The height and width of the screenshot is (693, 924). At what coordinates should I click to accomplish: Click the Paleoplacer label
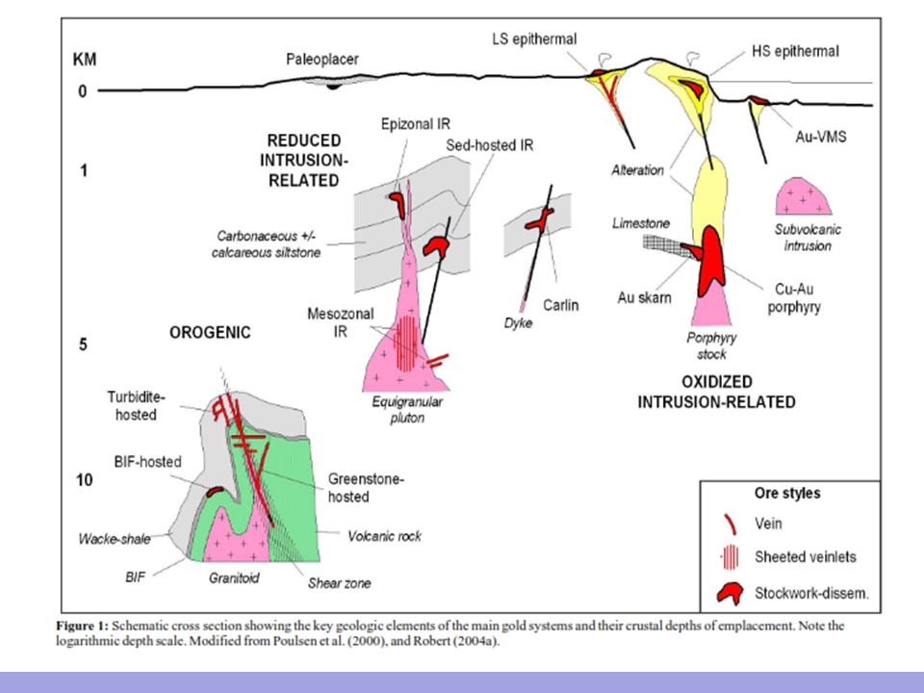(x=322, y=60)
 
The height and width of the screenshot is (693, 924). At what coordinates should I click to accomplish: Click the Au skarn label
(x=644, y=297)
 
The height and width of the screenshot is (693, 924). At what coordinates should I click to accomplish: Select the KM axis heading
(x=86, y=60)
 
